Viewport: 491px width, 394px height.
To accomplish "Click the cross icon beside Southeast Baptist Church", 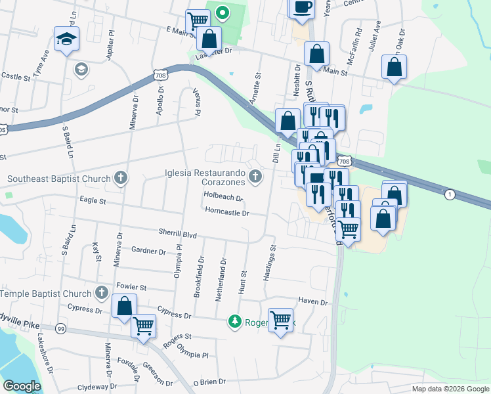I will point(120,177).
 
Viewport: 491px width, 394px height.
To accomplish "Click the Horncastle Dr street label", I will point(227,213).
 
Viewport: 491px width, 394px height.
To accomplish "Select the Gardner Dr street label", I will point(148,251).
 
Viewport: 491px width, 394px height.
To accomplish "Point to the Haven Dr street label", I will point(312,301).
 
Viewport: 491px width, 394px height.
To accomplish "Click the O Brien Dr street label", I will point(209,381).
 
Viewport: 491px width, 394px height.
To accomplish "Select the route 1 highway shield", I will point(449,194).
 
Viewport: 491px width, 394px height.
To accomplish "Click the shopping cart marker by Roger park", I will point(281,320).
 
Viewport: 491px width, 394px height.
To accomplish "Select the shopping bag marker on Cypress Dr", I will point(123,307).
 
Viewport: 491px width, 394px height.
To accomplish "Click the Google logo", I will point(22,387).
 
